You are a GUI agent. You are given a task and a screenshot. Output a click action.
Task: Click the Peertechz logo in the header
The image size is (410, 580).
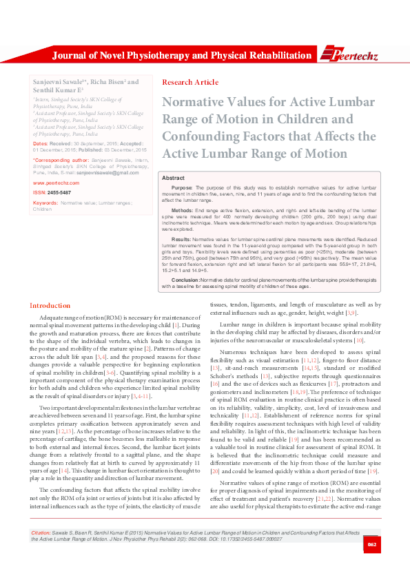351,54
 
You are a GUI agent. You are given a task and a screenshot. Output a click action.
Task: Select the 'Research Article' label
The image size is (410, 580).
190,82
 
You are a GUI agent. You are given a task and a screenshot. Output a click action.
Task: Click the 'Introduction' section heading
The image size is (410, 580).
50,305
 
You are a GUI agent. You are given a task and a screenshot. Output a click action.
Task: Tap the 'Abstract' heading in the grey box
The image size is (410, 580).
173,178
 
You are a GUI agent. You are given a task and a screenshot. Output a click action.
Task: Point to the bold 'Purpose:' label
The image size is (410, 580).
182,187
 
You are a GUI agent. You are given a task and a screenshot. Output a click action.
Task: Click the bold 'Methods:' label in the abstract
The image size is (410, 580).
182,209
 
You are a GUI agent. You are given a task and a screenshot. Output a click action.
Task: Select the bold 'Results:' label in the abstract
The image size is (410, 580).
181,238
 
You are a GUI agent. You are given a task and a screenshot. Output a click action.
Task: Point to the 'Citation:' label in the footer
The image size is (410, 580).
40,553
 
